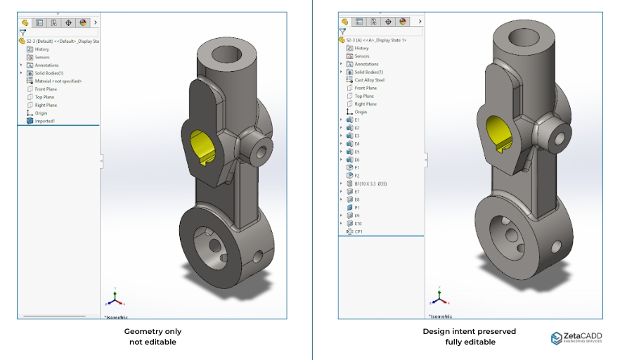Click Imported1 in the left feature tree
pos(44,121)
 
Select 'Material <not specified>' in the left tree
pos(58,81)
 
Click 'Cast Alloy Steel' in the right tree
pos(369,80)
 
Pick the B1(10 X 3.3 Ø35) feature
pos(370,184)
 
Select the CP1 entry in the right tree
pos(358,231)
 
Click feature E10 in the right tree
pos(358,224)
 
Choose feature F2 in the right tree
pos(356,176)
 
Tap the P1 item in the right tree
pos(356,207)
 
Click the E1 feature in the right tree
pos(356,120)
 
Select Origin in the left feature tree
pos(40,112)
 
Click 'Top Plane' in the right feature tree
pos(363,96)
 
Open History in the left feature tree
pos(41,49)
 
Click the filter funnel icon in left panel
pos(22,32)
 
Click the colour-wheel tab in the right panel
pos(403,22)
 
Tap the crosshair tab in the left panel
pos(68,22)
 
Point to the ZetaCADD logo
pos(576,338)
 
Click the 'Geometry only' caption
pos(153,331)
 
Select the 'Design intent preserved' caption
pos(469,331)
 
